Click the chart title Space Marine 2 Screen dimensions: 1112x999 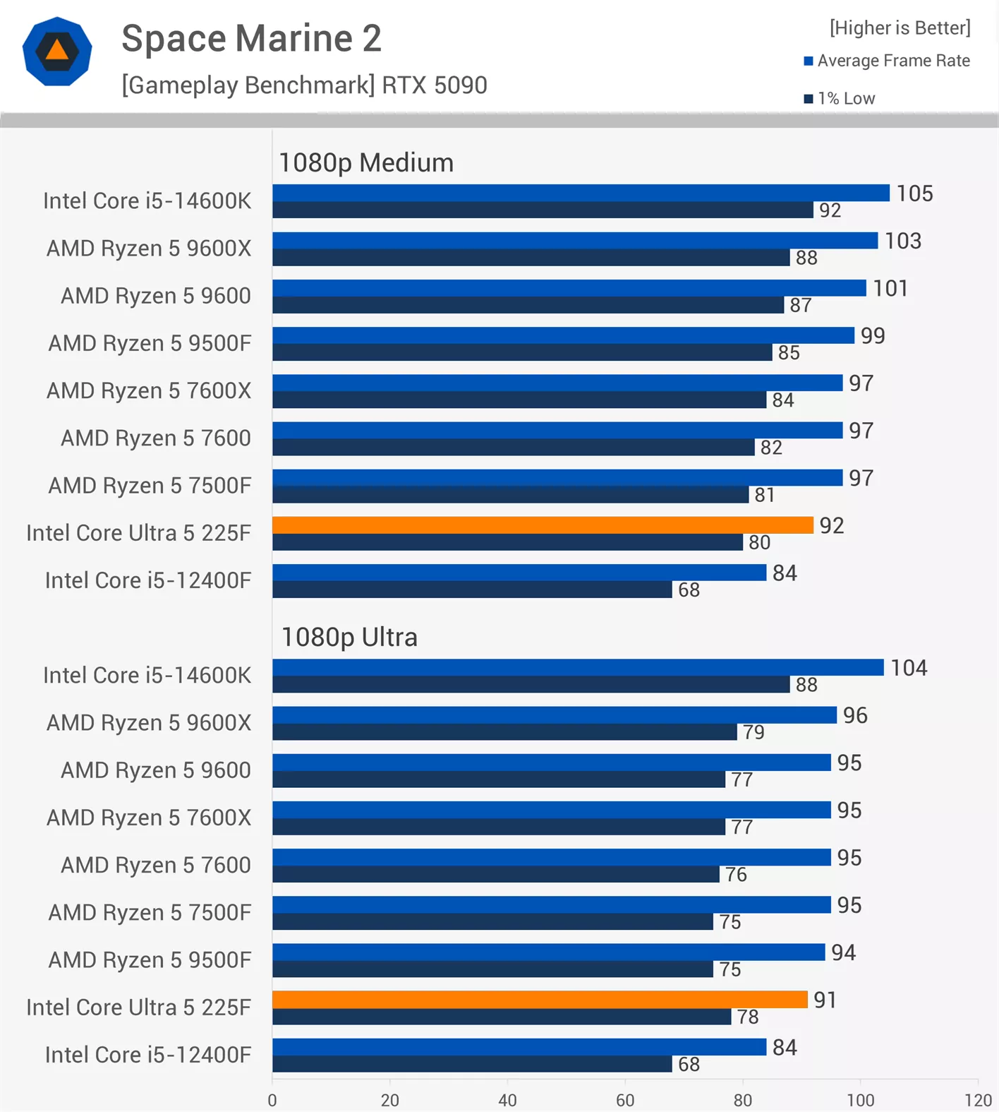coord(251,38)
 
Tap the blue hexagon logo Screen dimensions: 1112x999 coord(57,52)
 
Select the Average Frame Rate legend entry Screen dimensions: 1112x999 coord(887,61)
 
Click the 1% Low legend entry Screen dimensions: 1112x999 coord(840,99)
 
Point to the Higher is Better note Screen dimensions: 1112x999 coord(900,28)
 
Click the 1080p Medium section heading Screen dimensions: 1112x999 coord(366,163)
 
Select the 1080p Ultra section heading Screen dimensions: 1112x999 coord(349,638)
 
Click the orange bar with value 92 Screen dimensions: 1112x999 coord(542,525)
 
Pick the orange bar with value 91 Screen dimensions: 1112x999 coord(540,1000)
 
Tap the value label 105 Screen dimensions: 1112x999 coord(914,193)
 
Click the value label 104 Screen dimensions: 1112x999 coord(909,668)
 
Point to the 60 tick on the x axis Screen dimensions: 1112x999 coord(624,1100)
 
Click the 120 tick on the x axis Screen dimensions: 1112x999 coord(978,1100)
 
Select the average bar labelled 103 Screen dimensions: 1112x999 coord(575,241)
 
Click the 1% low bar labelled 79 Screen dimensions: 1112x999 coord(504,732)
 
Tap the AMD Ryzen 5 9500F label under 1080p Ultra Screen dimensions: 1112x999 coord(150,960)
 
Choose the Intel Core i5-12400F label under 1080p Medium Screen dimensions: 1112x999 coord(148,580)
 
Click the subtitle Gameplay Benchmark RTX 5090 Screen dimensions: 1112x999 coord(304,85)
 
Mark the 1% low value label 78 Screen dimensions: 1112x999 coord(748,1017)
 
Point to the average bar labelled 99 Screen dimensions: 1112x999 coord(563,335)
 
